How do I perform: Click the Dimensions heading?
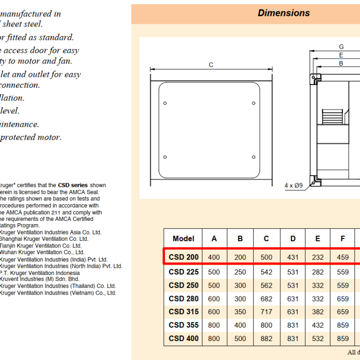click(283, 13)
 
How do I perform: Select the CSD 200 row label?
click(184, 257)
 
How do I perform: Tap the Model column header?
click(184, 238)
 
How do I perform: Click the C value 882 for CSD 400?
click(266, 338)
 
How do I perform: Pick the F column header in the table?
click(342, 238)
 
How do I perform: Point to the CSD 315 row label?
click(184, 311)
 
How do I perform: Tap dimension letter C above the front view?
click(211, 65)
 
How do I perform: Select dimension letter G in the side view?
click(342, 47)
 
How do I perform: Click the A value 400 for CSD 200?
click(214, 257)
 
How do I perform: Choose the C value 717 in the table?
click(266, 311)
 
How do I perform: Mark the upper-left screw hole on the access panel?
click(165, 103)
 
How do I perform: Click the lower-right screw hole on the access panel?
click(254, 157)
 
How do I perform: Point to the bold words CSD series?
click(73, 185)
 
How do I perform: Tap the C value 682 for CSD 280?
click(266, 298)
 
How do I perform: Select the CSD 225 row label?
click(184, 271)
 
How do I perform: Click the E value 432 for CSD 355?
click(318, 325)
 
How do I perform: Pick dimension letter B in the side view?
click(342, 63)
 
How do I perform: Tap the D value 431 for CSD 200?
click(293, 257)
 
